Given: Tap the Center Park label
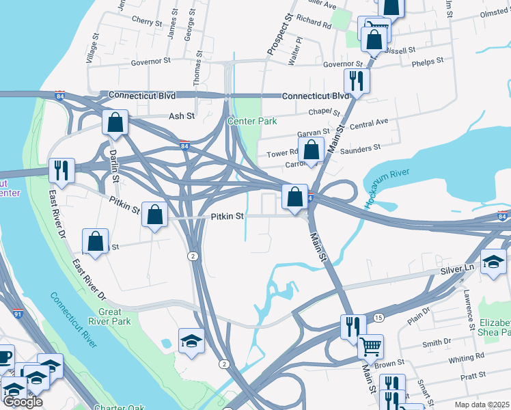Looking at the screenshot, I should point(252,121).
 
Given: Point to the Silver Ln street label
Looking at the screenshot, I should point(456,270).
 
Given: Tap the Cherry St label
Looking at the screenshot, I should point(147,22).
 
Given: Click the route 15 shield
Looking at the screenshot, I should point(378,318).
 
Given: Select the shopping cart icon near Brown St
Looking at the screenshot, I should point(370,346).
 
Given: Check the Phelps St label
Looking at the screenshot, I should point(428,60).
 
